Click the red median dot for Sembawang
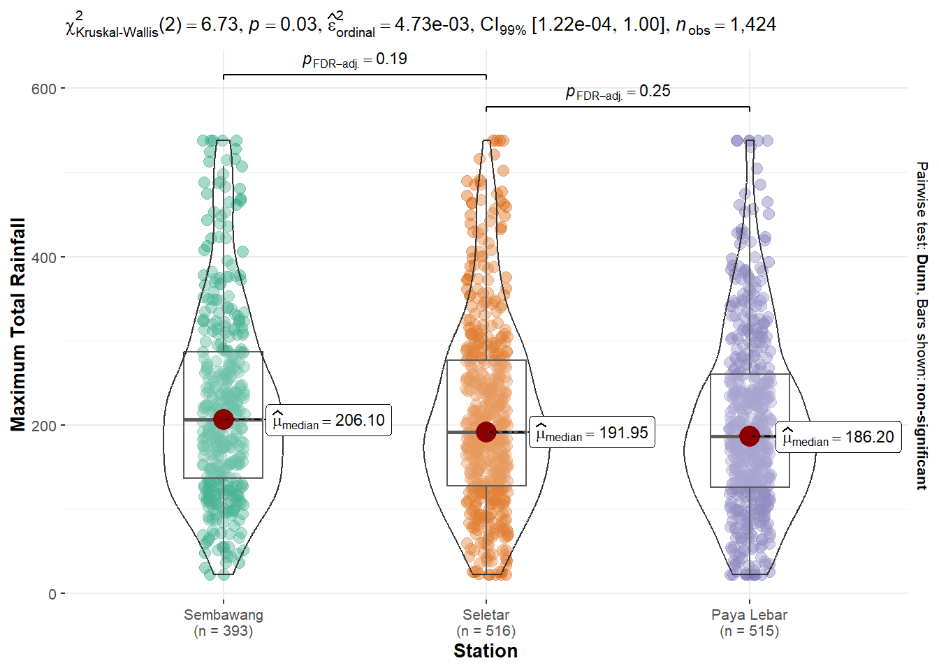point(224,419)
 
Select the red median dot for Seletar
point(486,432)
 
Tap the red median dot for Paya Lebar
point(750,436)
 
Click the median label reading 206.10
point(328,420)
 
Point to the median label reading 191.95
point(592,433)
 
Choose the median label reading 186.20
point(838,438)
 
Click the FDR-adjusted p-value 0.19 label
point(355,60)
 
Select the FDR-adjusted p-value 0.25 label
point(618,92)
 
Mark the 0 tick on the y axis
point(52,594)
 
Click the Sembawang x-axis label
point(224,615)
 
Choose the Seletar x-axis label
point(486,615)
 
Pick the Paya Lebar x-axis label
point(750,615)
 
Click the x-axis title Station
point(486,651)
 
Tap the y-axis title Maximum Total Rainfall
point(18,325)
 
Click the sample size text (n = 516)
point(486,631)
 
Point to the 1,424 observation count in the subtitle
point(753,24)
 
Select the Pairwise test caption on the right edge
point(922,325)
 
